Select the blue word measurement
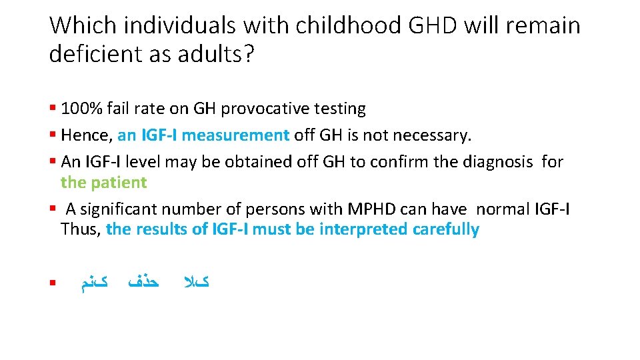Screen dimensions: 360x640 point(236,135)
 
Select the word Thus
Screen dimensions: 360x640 point(80,229)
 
